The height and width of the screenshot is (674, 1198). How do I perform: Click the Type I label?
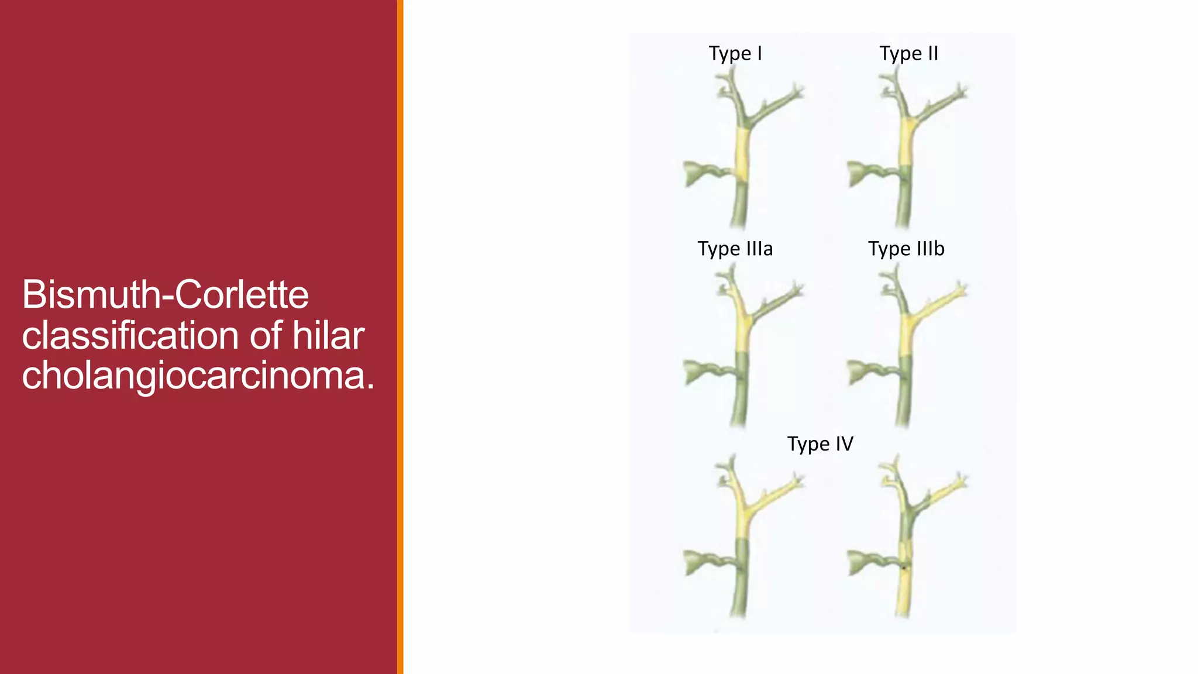pyautogui.click(x=735, y=54)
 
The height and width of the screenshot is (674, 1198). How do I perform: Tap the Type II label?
pyautogui.click(x=908, y=54)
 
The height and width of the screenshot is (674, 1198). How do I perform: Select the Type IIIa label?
pyautogui.click(x=735, y=249)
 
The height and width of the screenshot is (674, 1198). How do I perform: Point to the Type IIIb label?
pyautogui.click(x=906, y=249)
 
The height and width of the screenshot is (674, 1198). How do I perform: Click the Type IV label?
pyautogui.click(x=820, y=444)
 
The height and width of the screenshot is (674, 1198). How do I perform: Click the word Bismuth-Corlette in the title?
pyautogui.click(x=166, y=294)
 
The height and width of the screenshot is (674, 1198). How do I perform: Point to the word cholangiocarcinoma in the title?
pyautogui.click(x=198, y=375)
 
